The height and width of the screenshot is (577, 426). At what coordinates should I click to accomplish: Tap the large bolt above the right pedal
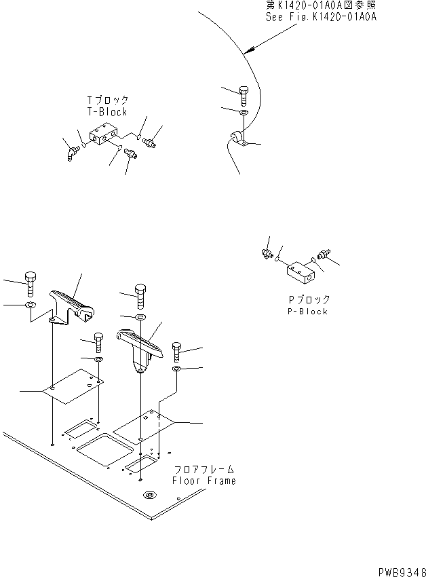(140, 296)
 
